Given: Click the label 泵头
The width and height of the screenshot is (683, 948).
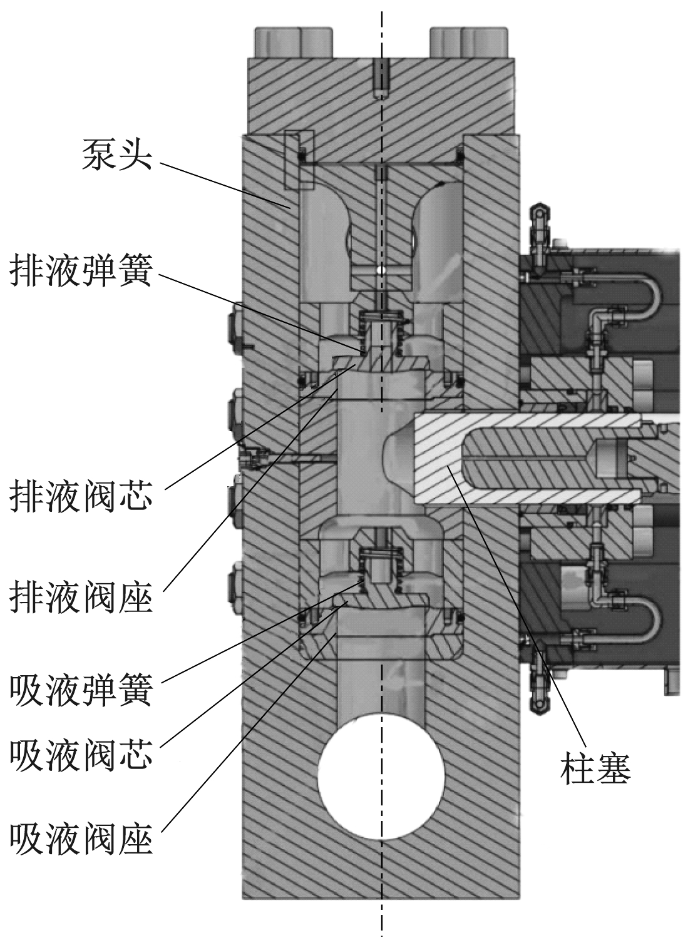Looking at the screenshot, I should pyautogui.click(x=117, y=155).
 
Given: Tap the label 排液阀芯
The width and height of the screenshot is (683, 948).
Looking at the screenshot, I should pyautogui.click(x=81, y=497).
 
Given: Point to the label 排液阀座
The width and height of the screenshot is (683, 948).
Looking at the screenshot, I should pyautogui.click(x=81, y=598).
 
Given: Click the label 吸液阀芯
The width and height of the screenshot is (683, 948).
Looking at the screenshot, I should pyautogui.click(x=81, y=756).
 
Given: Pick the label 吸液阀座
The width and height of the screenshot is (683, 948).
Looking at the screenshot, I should pyautogui.click(x=81, y=838).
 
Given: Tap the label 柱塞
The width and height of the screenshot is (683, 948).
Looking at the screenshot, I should pyautogui.click(x=595, y=768).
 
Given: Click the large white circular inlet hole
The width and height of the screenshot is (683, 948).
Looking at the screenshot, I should pyautogui.click(x=381, y=775).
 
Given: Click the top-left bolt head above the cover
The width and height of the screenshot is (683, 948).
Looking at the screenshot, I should pyautogui.click(x=292, y=43).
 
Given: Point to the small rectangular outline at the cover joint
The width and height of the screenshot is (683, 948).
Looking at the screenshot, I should pyautogui.click(x=299, y=160).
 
